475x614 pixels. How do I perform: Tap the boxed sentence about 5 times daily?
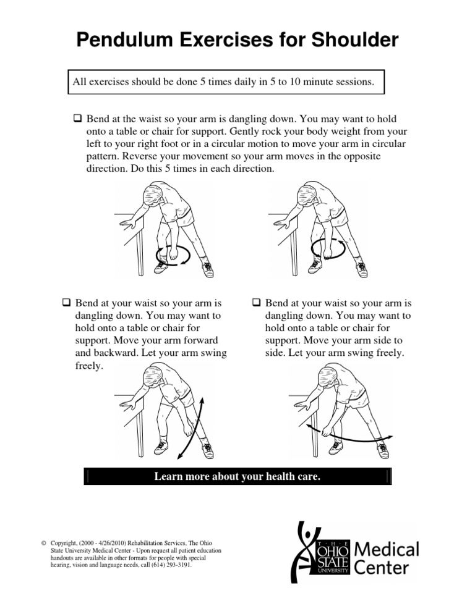225,82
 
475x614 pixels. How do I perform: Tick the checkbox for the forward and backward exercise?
66,304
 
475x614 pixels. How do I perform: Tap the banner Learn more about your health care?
237,476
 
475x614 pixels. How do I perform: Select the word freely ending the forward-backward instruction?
82,366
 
